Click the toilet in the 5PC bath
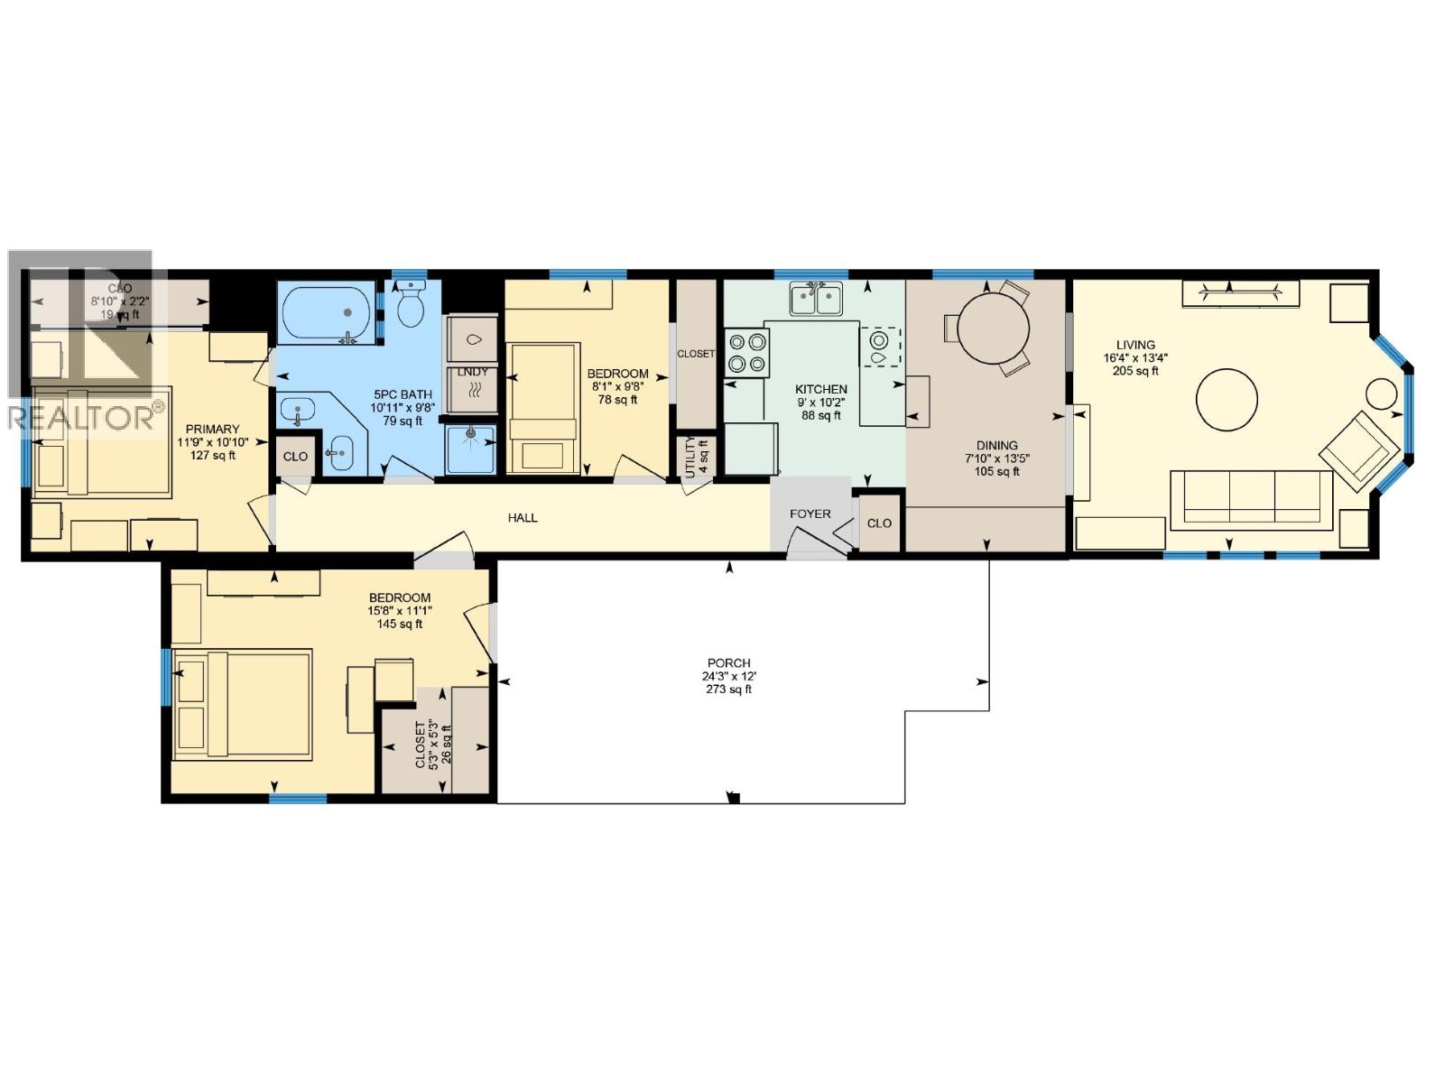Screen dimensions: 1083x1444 click(x=412, y=307)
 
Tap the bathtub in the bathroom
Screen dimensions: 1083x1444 click(x=326, y=312)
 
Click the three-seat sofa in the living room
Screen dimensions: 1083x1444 click(x=1251, y=498)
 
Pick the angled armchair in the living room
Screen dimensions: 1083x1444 click(x=1361, y=450)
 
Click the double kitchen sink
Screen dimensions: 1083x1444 click(x=816, y=299)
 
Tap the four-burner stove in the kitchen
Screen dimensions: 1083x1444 click(x=747, y=352)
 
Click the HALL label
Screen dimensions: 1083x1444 click(x=523, y=518)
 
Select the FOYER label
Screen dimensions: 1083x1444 click(x=810, y=514)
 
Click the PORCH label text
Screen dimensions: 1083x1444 click(x=728, y=662)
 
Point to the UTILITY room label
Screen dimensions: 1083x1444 click(x=690, y=457)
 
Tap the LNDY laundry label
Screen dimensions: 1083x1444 click(x=472, y=372)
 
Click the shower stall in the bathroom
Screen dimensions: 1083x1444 click(x=470, y=449)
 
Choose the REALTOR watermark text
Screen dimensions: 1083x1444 click(x=81, y=418)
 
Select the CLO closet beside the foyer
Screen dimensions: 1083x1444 click(x=879, y=523)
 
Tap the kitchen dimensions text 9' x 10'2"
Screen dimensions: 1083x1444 click(x=820, y=403)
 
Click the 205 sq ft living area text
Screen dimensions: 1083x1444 click(x=1134, y=371)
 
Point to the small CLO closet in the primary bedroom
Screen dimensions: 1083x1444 click(x=295, y=457)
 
